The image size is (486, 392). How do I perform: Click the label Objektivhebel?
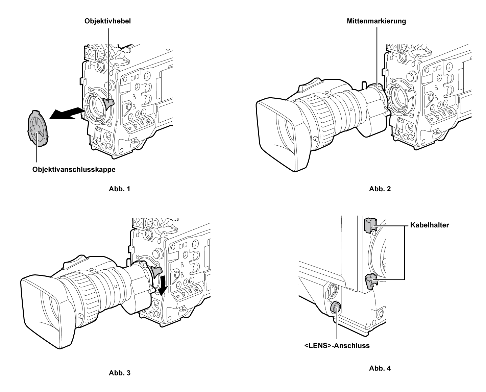107,21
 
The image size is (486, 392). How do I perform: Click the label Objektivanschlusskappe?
74,170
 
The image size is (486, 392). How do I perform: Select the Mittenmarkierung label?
376,21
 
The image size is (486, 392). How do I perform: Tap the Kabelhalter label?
430,225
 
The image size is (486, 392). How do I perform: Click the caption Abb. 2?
380,189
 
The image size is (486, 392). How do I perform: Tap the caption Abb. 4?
380,368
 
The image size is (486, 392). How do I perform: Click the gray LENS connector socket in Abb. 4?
336,307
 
